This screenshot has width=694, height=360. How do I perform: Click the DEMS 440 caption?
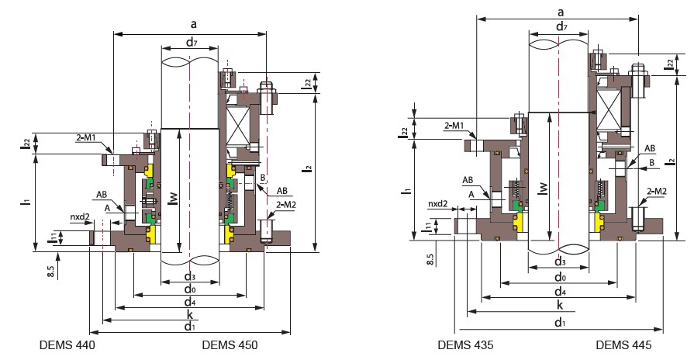click(x=67, y=344)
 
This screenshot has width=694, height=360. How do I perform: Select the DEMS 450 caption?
click(x=229, y=344)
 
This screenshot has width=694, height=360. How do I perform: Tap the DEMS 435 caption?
click(x=466, y=344)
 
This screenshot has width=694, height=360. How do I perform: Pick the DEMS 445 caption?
click(x=624, y=344)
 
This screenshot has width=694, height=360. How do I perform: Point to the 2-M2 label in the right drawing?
click(x=657, y=191)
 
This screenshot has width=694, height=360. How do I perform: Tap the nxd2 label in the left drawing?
click(x=81, y=217)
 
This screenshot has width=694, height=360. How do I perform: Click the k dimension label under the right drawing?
click(x=560, y=304)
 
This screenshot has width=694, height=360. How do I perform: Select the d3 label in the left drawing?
click(x=189, y=276)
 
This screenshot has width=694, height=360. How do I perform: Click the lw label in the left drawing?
click(x=174, y=199)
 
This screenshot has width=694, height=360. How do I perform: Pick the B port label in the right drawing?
click(x=651, y=161)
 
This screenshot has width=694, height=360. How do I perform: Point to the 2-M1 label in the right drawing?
click(x=454, y=125)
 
